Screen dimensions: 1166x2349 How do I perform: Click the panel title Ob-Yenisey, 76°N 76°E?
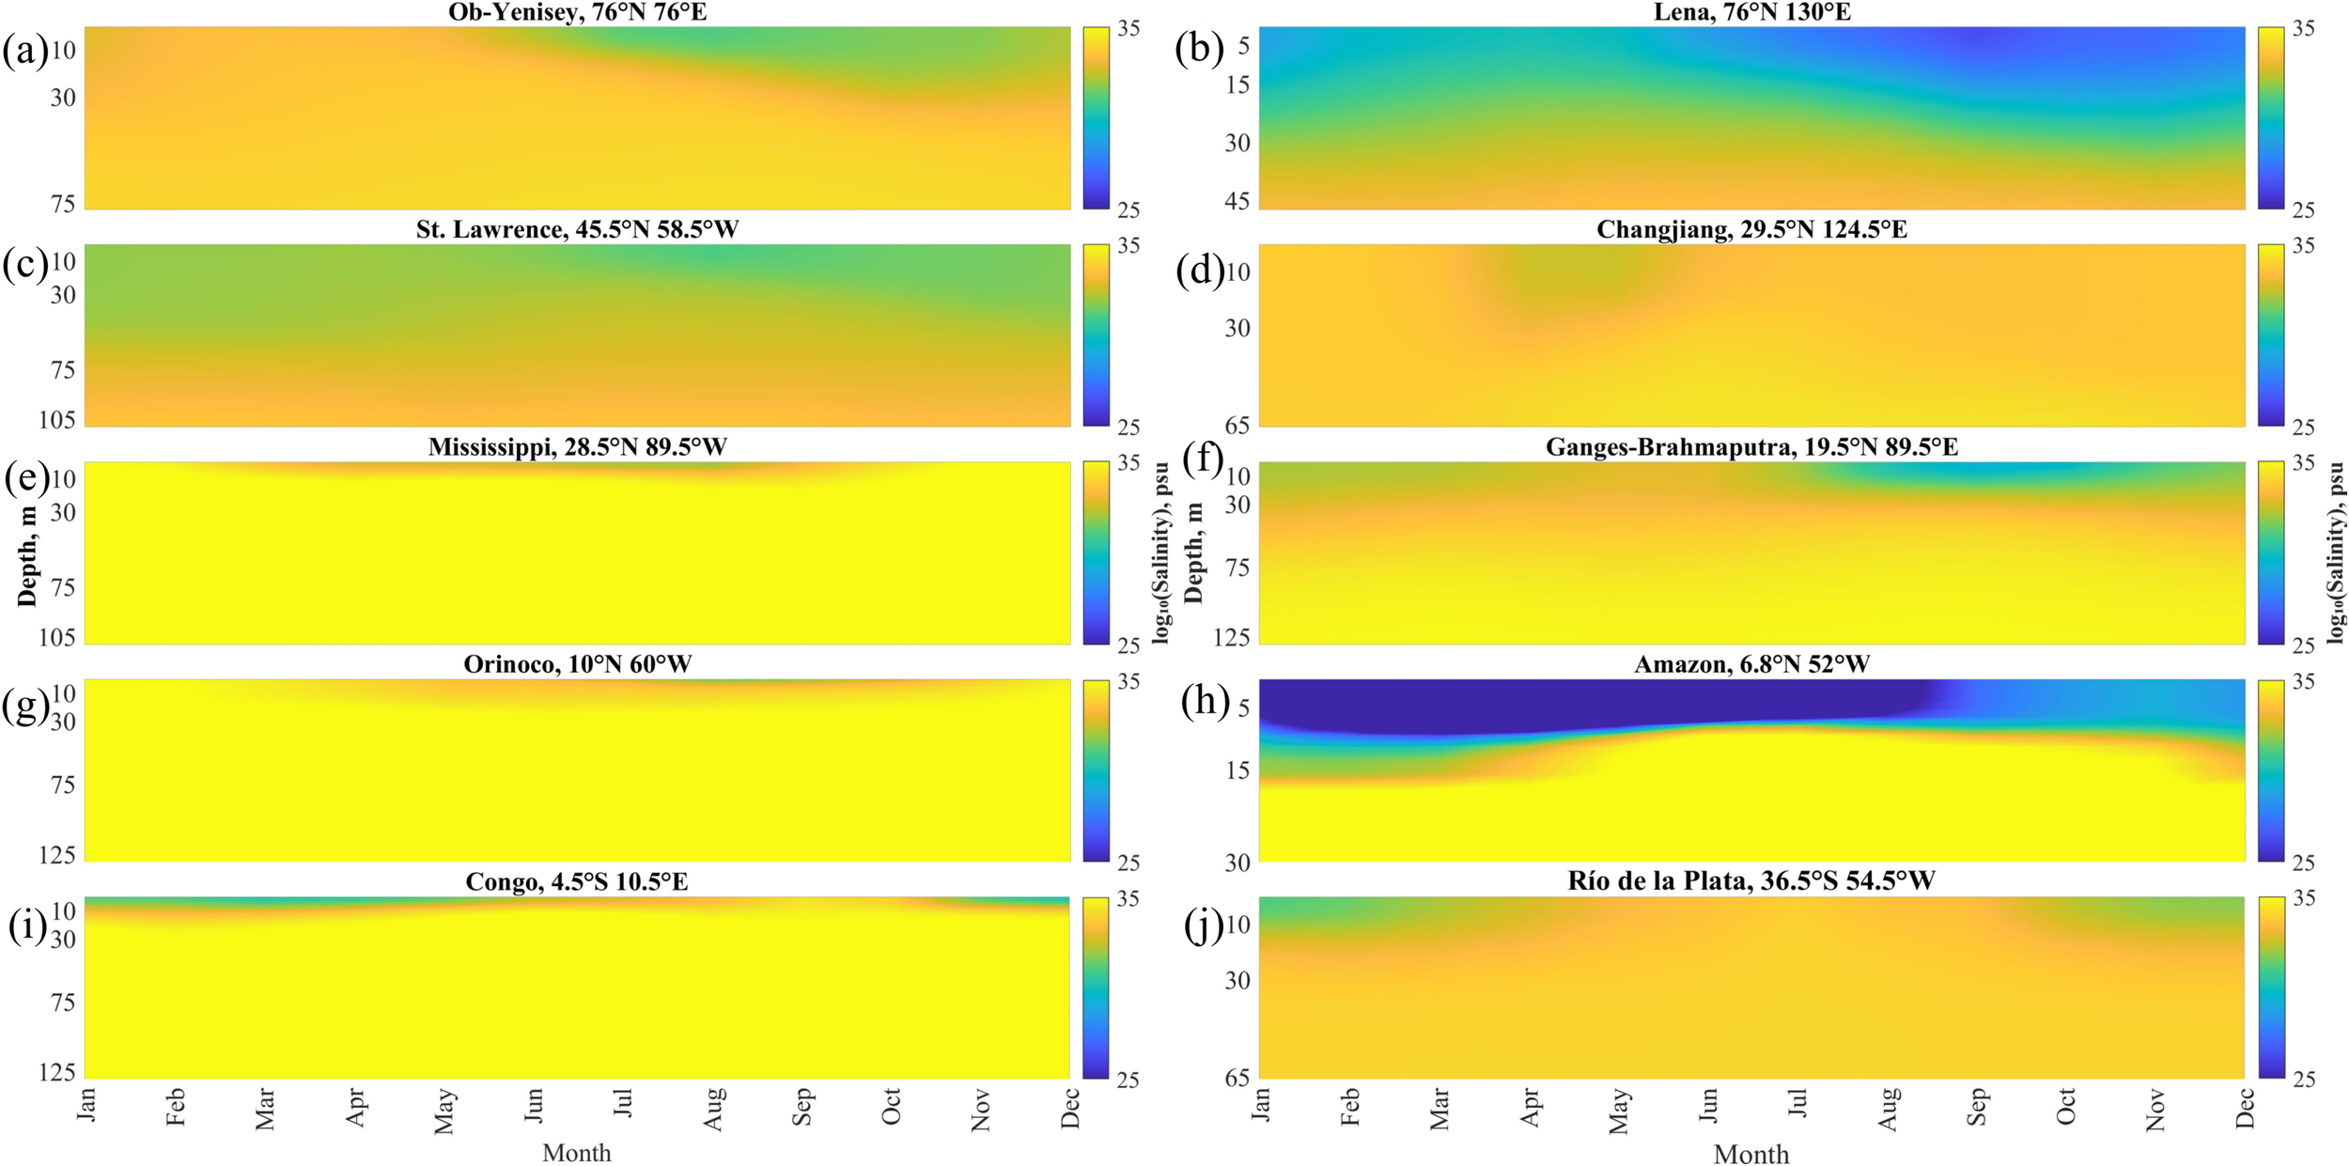click(577, 12)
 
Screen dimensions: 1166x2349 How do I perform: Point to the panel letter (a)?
click(24, 50)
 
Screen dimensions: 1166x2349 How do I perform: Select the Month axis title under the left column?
click(576, 1153)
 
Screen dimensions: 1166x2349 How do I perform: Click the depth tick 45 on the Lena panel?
click(1237, 200)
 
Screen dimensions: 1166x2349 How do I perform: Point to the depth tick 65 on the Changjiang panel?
click(1237, 426)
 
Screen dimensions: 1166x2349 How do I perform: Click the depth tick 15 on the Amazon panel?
click(1237, 770)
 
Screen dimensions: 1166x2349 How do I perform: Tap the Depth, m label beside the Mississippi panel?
click(27, 555)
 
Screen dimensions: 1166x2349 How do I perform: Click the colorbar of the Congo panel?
click(1096, 987)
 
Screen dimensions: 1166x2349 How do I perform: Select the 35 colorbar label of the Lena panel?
click(2303, 29)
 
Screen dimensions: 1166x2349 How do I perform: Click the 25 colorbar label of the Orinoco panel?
click(1128, 862)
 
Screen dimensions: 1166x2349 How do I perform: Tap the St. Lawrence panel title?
click(577, 230)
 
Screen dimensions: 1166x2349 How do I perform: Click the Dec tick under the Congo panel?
click(1069, 1108)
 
